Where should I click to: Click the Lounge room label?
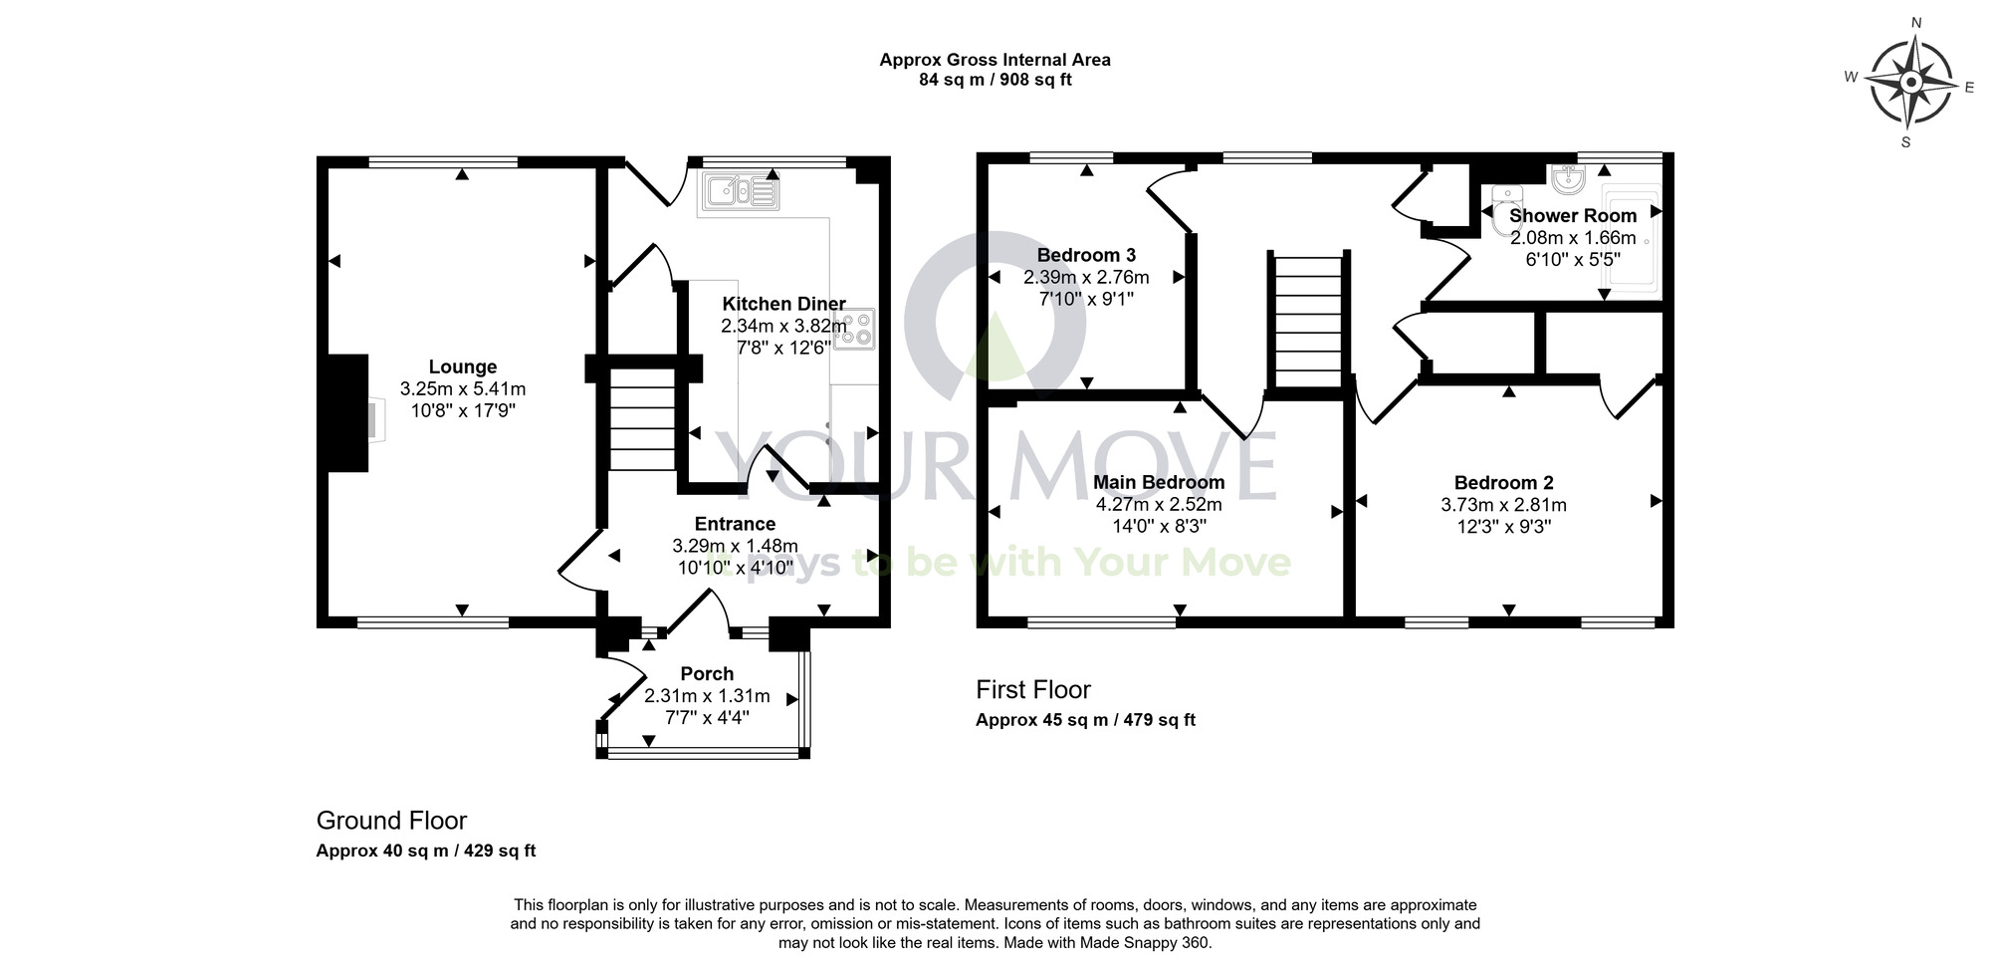tap(462, 366)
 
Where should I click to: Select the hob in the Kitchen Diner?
tap(854, 329)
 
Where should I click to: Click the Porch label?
tap(707, 674)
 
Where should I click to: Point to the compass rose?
tap(1909, 83)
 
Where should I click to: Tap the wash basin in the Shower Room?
tap(1570, 178)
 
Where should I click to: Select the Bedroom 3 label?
tap(1086, 255)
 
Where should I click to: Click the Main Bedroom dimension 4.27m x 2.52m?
tap(1159, 504)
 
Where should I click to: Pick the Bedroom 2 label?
tap(1503, 483)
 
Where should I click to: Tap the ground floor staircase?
tap(642, 419)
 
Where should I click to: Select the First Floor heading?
tap(1032, 689)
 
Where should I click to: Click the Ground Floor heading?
tap(391, 821)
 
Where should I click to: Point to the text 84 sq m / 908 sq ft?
tap(995, 80)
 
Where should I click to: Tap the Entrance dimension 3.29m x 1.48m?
tap(735, 546)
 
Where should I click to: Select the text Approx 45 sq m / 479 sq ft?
tap(1085, 720)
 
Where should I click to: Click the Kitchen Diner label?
tap(783, 304)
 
